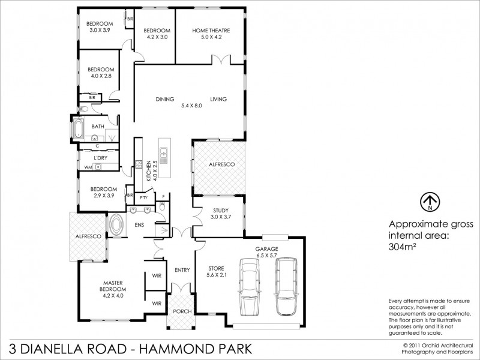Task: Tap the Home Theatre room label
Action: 211,34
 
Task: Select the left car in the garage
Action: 248,286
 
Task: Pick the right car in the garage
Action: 286,286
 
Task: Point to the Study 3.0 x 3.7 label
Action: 220,214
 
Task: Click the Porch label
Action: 181,311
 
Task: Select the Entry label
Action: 181,270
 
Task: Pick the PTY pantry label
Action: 143,197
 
